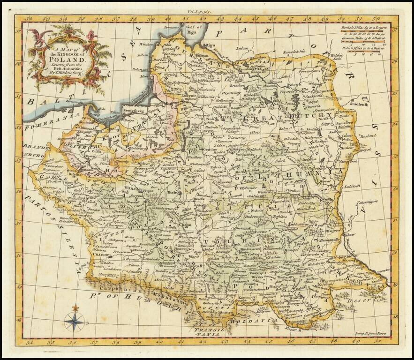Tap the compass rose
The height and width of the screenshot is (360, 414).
point(75,322)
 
